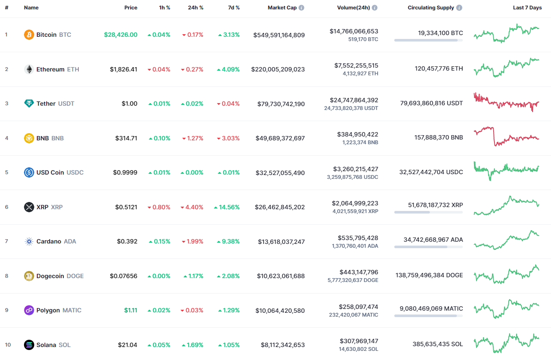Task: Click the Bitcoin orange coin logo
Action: click(29, 35)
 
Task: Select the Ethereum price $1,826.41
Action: click(123, 69)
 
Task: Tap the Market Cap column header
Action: click(282, 8)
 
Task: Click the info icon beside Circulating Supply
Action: click(459, 8)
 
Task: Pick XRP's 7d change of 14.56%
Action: click(227, 207)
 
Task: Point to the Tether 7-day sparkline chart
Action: click(506, 103)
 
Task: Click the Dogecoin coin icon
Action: click(29, 276)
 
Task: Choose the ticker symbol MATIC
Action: click(72, 310)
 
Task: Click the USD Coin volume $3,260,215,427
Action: click(355, 169)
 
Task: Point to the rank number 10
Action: click(7, 345)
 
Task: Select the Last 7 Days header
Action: click(527, 8)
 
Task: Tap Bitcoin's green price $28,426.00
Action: click(120, 35)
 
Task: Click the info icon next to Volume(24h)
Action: click(375, 8)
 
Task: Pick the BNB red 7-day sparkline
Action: click(506, 137)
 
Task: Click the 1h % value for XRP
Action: click(159, 207)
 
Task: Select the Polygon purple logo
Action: click(29, 310)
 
